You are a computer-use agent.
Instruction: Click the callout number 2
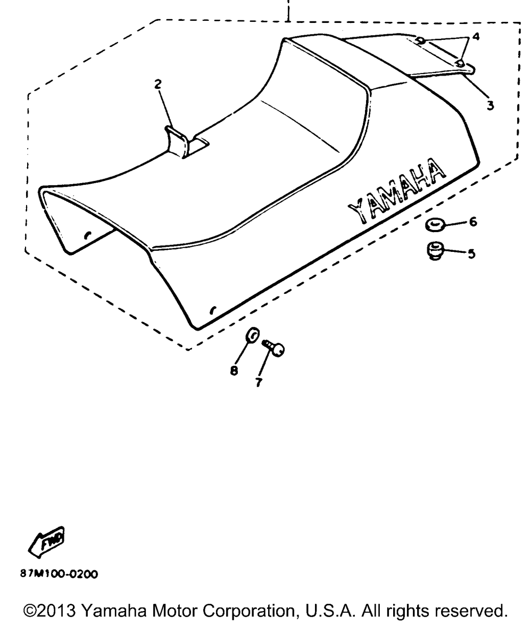click(x=158, y=84)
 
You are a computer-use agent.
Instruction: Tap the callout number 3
click(x=491, y=106)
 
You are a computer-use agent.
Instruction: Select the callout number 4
click(x=476, y=37)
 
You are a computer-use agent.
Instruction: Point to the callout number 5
click(x=471, y=254)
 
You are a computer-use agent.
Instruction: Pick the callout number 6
click(x=473, y=221)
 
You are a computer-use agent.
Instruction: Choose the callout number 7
click(x=259, y=382)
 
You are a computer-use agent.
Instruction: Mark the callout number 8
click(x=234, y=371)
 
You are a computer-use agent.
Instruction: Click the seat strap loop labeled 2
click(x=177, y=142)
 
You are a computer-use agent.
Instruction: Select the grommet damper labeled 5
click(x=435, y=251)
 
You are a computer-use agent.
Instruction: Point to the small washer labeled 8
click(x=253, y=335)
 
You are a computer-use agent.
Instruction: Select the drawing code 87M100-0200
click(x=59, y=574)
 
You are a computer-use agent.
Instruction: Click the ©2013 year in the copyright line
click(x=49, y=611)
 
